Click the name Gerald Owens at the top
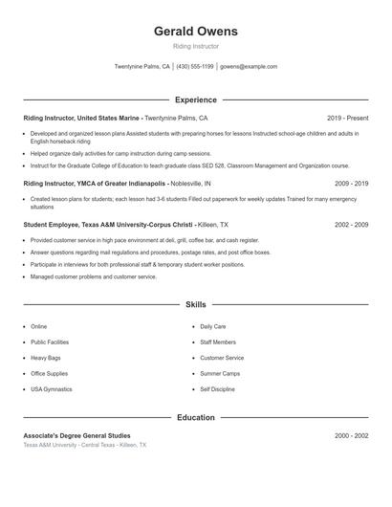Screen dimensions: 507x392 click(x=195, y=32)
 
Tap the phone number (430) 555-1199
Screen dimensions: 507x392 click(x=195, y=67)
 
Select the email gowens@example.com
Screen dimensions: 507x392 click(x=249, y=67)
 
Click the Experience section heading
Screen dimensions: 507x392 click(x=195, y=99)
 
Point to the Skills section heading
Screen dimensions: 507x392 click(x=195, y=305)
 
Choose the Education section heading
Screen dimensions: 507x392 click(x=195, y=418)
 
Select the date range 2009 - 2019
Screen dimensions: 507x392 click(x=351, y=183)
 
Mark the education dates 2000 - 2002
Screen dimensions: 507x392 click(x=351, y=435)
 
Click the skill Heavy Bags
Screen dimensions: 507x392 click(x=47, y=358)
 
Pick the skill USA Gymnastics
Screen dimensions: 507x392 click(x=51, y=389)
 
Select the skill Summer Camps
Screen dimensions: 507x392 click(x=220, y=374)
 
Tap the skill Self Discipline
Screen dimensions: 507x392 click(x=219, y=389)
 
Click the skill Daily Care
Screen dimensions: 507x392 click(x=213, y=326)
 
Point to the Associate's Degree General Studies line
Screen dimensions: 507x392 click(x=76, y=435)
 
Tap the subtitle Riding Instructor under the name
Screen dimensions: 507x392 click(x=195, y=46)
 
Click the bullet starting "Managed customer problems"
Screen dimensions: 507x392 click(x=93, y=276)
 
